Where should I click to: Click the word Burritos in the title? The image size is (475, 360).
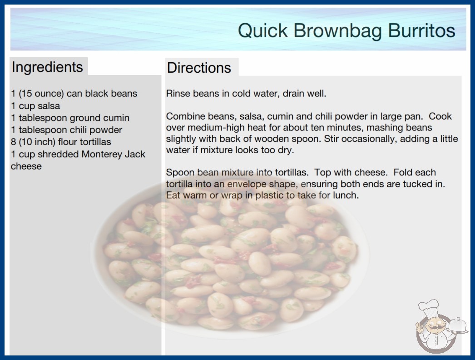click(x=421, y=30)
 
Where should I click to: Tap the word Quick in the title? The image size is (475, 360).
click(x=262, y=31)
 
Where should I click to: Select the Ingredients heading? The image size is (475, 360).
click(x=47, y=67)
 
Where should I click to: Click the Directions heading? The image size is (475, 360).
click(x=199, y=68)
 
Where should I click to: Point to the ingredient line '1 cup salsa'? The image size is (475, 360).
click(x=35, y=106)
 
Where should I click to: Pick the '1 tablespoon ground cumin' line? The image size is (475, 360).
click(x=70, y=118)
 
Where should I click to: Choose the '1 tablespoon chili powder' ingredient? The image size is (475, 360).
click(x=67, y=130)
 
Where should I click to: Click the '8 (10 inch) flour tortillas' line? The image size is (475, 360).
click(x=61, y=142)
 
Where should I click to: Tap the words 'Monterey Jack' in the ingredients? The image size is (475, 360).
click(x=113, y=154)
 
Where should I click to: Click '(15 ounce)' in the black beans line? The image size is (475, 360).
click(x=41, y=94)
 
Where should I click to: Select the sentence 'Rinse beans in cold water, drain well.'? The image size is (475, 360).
click(x=246, y=94)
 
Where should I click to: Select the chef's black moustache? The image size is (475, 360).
click(x=435, y=327)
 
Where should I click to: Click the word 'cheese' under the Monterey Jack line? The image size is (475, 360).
click(x=26, y=166)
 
